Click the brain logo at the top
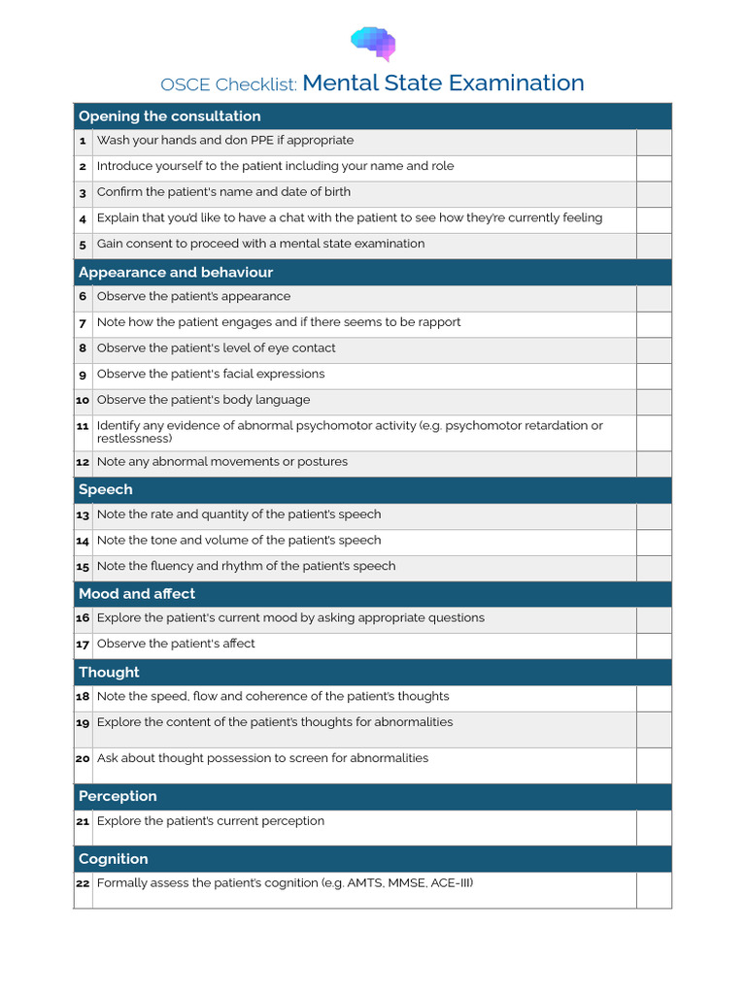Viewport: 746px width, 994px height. (x=373, y=44)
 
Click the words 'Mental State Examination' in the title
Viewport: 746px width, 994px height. (x=443, y=83)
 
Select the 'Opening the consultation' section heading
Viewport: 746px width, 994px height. (x=169, y=116)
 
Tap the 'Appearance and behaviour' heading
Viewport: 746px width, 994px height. (x=176, y=273)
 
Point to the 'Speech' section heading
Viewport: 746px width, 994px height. (x=106, y=489)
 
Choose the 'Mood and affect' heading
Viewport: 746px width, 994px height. (x=137, y=593)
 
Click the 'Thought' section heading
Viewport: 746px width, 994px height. (x=109, y=672)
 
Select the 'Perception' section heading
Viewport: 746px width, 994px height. (x=118, y=796)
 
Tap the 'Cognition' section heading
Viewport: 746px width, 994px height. (x=114, y=859)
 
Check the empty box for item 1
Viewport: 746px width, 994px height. (x=654, y=142)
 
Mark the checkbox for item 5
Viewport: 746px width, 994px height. (x=654, y=246)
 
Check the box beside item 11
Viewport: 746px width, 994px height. (x=654, y=433)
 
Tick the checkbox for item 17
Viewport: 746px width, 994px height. (x=654, y=646)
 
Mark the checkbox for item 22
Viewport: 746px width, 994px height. (x=654, y=890)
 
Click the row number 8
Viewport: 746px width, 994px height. (x=83, y=348)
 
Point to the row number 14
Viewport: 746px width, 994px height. (x=83, y=541)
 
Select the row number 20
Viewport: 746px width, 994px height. (x=83, y=759)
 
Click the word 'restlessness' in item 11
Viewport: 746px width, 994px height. (x=134, y=439)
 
